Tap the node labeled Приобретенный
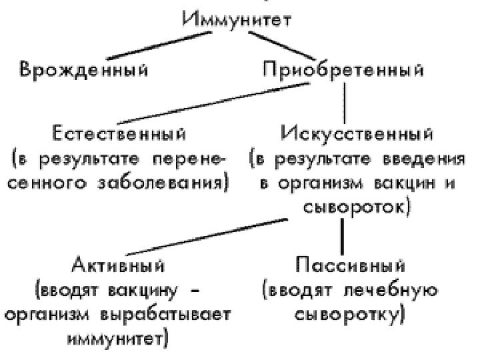(x=343, y=69)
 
